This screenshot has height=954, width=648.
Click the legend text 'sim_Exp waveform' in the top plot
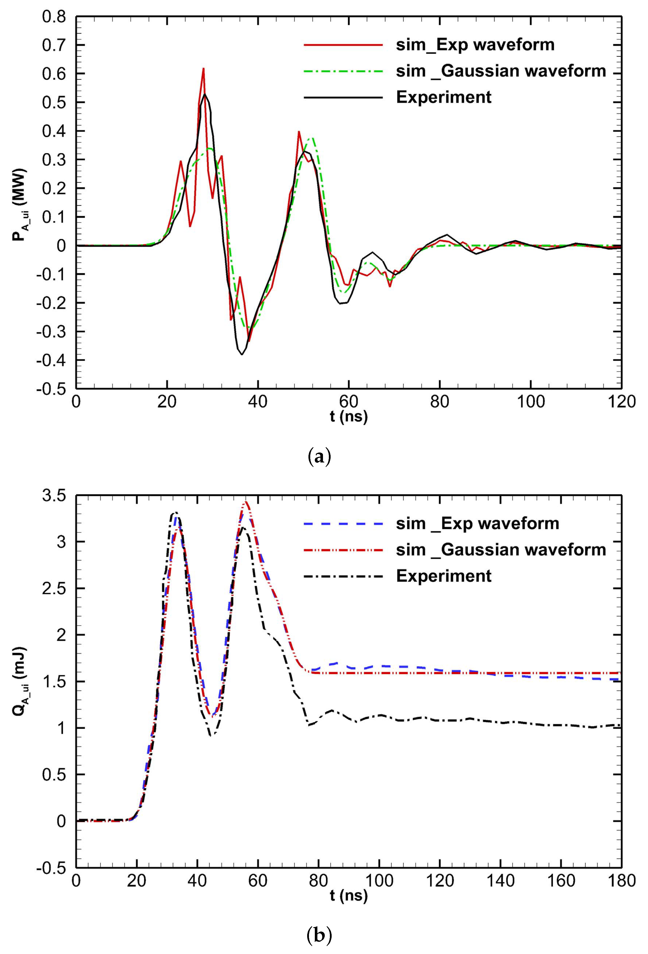click(x=475, y=45)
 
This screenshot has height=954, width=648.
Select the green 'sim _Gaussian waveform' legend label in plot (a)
click(x=501, y=71)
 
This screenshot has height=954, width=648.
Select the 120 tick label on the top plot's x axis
click(x=621, y=402)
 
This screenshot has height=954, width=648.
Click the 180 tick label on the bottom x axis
click(x=621, y=881)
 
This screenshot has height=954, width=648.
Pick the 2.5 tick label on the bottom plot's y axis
click(x=54, y=589)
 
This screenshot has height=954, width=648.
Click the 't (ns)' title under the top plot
click(x=348, y=417)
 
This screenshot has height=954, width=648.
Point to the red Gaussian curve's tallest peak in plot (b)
click(x=245, y=502)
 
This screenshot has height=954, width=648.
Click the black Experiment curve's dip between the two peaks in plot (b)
click(x=211, y=735)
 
